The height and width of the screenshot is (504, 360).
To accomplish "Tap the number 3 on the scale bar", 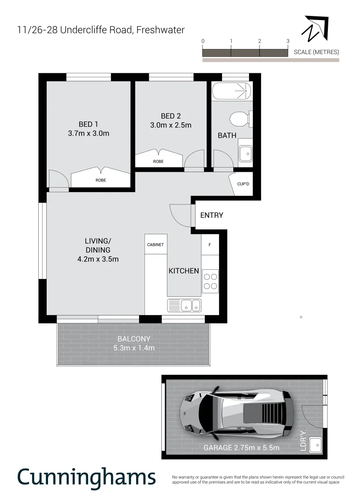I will coord(288,41).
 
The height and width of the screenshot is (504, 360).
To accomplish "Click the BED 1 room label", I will coord(88,124).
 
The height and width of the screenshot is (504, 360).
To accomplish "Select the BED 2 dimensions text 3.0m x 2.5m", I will coord(171,125).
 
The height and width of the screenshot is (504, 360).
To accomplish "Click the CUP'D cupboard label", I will coord(243,184).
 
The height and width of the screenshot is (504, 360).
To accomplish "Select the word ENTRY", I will coord(212,215).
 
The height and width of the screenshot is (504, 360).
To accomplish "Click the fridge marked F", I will coord(210,245).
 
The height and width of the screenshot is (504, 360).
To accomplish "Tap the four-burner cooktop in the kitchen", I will coord(210,281).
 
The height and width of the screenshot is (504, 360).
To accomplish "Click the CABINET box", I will coord(156,245).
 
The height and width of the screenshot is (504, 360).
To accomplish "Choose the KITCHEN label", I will coord(184,271).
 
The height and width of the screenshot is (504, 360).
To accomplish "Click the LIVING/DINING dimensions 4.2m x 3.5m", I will coord(98,259).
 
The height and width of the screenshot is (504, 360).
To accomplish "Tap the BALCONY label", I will coord(134,339).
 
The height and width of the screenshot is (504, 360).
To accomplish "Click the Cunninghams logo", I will coord(86,477).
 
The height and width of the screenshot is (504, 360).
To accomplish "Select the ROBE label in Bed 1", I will coord(101,180).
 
